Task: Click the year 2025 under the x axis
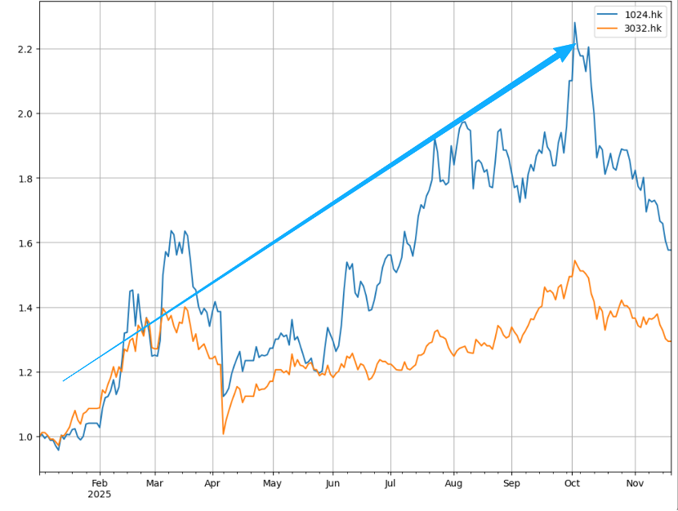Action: pyautogui.click(x=99, y=495)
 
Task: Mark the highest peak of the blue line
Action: pyautogui.click(x=574, y=23)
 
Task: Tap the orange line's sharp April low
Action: pyautogui.click(x=223, y=433)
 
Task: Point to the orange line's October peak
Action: pyautogui.click(x=575, y=261)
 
